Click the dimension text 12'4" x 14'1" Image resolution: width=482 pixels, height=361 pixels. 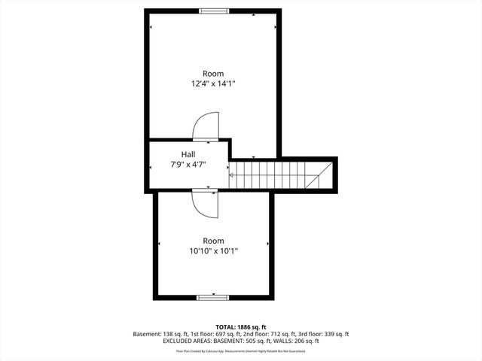point(213,84)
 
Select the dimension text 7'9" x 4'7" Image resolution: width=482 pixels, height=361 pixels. point(188,164)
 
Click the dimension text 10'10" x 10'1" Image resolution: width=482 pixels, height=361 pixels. point(214,251)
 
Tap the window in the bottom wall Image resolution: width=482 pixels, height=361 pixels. point(213,297)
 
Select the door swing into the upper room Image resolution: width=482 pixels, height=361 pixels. point(206,127)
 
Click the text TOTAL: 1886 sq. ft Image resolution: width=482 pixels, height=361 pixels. point(241,327)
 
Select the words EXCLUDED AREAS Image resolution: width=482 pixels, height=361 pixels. point(188,341)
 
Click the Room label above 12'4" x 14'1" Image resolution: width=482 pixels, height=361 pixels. point(213,74)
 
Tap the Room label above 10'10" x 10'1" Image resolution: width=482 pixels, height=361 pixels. point(213,241)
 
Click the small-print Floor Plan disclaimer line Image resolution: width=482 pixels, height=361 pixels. point(241,351)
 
